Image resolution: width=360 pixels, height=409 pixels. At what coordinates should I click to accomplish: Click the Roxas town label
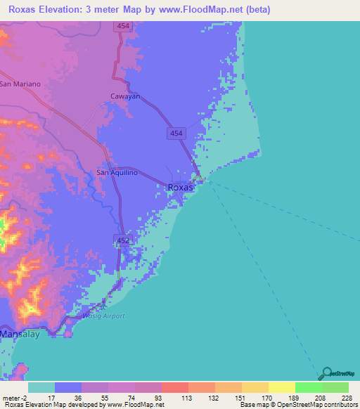pyautogui.click(x=180, y=188)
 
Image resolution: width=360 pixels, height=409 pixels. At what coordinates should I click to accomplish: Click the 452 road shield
pyautogui.click(x=122, y=240)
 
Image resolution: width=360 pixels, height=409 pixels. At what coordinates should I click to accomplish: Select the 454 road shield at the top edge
pyautogui.click(x=123, y=26)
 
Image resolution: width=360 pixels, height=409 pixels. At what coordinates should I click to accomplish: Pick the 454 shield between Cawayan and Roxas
pyautogui.click(x=176, y=133)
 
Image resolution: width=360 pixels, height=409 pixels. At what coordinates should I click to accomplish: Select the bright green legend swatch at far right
pyautogui.click(x=335, y=387)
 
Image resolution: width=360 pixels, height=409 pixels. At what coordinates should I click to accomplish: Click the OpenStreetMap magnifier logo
pyautogui.click(x=325, y=374)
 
